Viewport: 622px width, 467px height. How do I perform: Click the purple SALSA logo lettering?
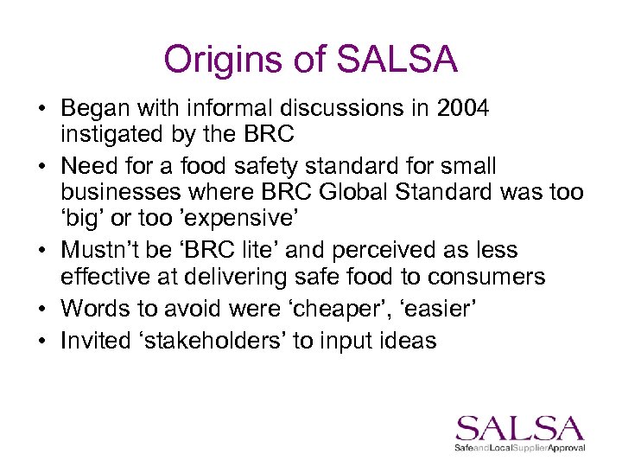520,428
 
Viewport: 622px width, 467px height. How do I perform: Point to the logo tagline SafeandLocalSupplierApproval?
520,448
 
